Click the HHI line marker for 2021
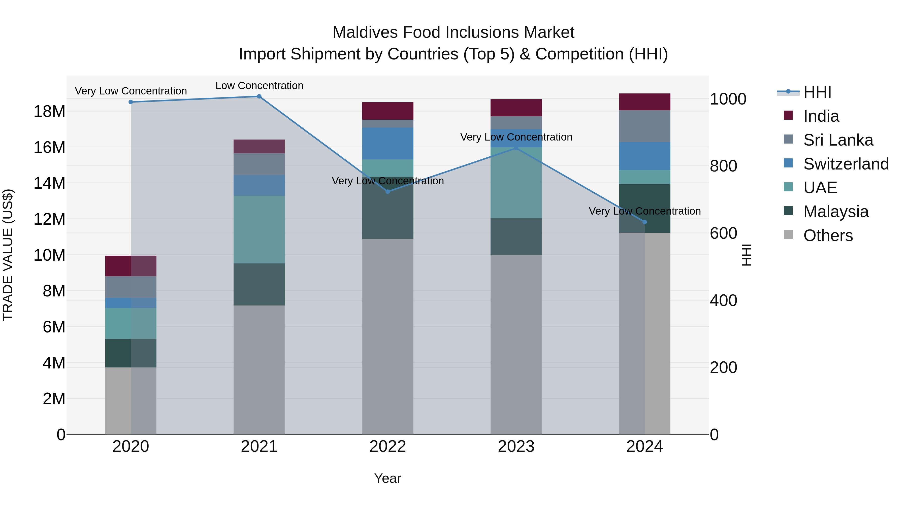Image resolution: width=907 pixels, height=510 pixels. (x=259, y=96)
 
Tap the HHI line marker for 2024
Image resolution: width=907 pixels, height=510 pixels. (x=645, y=222)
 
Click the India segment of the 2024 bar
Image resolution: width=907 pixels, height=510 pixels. (x=645, y=102)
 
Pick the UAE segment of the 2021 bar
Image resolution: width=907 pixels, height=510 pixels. (x=259, y=229)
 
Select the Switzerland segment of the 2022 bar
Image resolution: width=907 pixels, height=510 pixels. (x=388, y=144)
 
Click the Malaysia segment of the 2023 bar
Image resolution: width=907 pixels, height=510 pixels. (x=516, y=236)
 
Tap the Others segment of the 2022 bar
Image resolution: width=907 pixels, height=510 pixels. (x=388, y=336)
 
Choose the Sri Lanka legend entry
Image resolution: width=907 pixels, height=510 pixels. (x=838, y=140)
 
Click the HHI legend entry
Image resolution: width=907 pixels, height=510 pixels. (x=817, y=92)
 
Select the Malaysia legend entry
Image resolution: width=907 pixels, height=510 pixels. (x=835, y=212)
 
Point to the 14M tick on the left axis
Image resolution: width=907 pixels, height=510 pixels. (x=49, y=183)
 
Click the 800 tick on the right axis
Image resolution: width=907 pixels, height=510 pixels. (x=723, y=166)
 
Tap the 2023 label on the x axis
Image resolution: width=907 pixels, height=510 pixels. (x=516, y=447)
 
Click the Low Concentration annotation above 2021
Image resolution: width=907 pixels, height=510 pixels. (x=259, y=86)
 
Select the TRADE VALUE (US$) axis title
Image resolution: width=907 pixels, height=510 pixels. (x=8, y=255)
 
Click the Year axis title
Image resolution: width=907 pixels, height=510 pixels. (x=388, y=478)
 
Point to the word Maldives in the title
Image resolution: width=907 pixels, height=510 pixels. (x=365, y=32)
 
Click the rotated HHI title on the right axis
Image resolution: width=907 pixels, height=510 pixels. (x=746, y=255)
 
